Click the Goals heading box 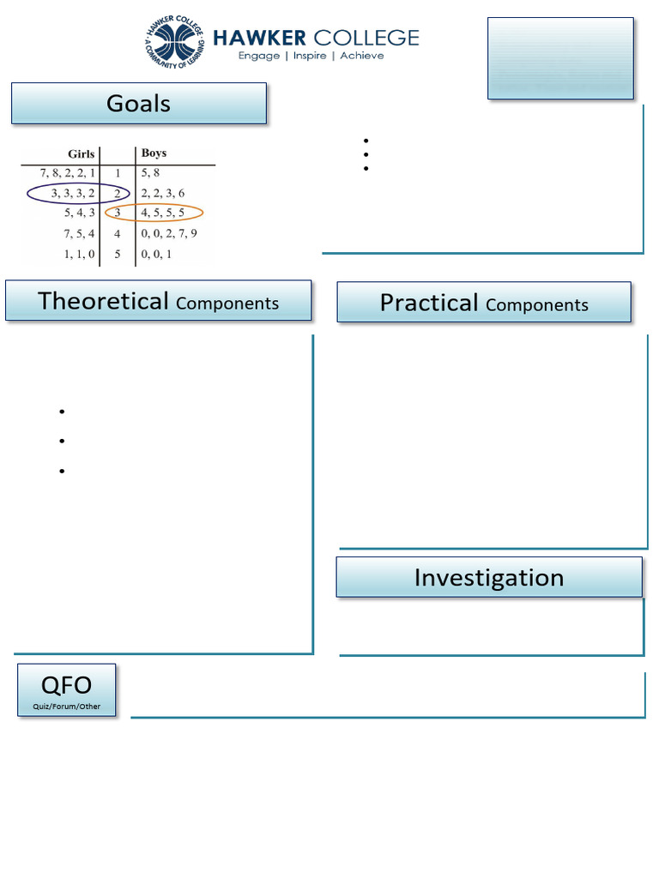(138, 104)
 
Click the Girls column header (81, 154)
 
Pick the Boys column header (154, 153)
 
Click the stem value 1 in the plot (118, 173)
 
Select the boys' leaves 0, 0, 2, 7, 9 (169, 233)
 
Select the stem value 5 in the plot (118, 254)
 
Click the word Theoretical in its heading (103, 301)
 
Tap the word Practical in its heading (428, 303)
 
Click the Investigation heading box (488, 578)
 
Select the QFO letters (66, 685)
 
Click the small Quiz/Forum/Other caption (66, 707)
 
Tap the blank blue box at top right (560, 57)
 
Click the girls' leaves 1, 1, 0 (79, 254)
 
